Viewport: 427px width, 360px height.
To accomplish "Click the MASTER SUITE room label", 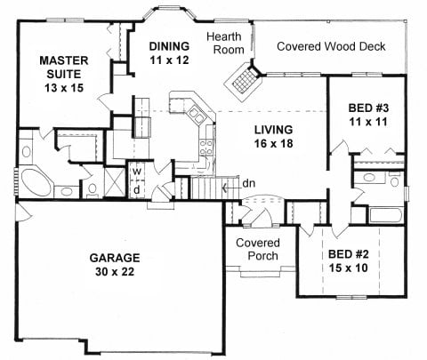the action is click(64, 74).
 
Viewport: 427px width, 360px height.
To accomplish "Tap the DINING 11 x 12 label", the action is click(169, 53).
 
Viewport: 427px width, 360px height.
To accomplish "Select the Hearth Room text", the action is click(225, 44).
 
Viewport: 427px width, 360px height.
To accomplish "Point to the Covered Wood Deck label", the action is click(331, 46).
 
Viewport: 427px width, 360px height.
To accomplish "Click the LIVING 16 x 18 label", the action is click(274, 137).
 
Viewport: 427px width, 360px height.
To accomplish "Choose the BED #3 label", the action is click(368, 115).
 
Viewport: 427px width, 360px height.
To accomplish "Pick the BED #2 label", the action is click(349, 261).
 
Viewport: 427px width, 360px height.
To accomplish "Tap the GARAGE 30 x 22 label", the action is click(115, 265).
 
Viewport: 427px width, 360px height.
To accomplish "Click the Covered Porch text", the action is click(258, 250).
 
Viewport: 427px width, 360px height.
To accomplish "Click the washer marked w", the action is click(136, 171).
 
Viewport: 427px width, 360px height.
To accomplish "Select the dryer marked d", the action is click(136, 189).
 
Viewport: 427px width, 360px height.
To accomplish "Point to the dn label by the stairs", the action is click(248, 184).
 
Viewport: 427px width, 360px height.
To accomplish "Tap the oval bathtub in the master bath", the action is click(36, 182).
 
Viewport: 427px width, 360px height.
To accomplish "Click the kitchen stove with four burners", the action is click(206, 148).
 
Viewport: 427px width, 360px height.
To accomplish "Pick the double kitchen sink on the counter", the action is click(197, 115).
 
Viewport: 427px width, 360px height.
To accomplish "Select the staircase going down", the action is click(214, 188).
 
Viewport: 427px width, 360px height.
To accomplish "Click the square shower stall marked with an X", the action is click(115, 181).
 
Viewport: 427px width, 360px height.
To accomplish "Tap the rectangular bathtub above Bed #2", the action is click(386, 215).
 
